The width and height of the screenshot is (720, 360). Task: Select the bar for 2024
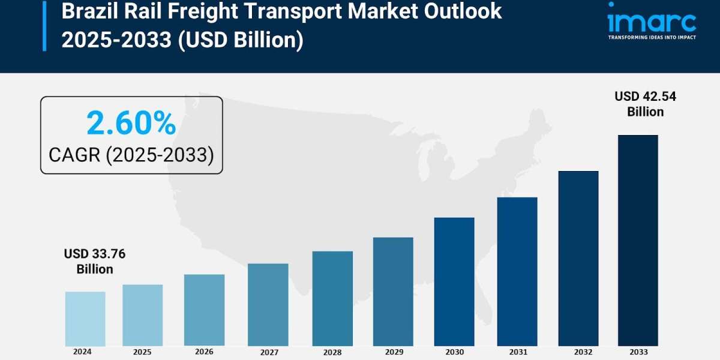[x=85, y=319]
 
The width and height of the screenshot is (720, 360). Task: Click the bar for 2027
[x=268, y=304]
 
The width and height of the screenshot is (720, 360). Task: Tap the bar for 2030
[x=454, y=281]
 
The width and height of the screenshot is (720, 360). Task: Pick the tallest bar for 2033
[x=638, y=240]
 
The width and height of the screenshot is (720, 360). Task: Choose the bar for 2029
[x=393, y=292]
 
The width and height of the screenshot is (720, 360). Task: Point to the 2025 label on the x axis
[x=142, y=352]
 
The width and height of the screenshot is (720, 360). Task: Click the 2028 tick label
[x=332, y=352]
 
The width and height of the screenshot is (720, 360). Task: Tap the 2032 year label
[x=578, y=352]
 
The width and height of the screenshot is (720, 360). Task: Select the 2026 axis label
[x=204, y=352]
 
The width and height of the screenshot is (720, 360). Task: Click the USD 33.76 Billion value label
[x=95, y=262]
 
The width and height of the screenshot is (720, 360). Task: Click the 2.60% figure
[x=131, y=124]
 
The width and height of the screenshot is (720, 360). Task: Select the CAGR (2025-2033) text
[x=131, y=155]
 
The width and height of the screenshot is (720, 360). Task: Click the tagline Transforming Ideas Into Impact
[x=652, y=37]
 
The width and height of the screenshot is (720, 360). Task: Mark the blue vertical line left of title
[x=44, y=26]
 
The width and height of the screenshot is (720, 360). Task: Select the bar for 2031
[x=517, y=271]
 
